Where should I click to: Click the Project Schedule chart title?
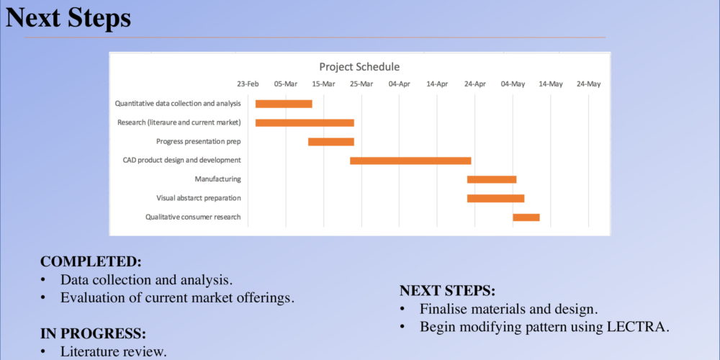[x=359, y=67]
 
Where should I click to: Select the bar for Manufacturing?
[x=492, y=179]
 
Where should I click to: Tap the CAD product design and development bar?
[x=410, y=161]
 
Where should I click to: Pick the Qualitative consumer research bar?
[x=526, y=217]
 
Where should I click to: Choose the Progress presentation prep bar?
[x=331, y=142]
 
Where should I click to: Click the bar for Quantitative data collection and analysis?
[x=284, y=104]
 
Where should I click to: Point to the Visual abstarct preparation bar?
[x=496, y=199]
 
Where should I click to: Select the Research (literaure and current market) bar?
[x=305, y=122]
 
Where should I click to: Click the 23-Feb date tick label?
[x=248, y=84]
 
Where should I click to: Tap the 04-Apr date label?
[x=399, y=84]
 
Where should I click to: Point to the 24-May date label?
[x=589, y=84]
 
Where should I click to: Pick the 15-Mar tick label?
[x=323, y=84]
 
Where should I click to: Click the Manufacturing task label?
[x=217, y=179]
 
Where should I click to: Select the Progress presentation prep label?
[x=199, y=141]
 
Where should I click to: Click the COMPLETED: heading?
[x=91, y=261]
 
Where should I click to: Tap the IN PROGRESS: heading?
[x=93, y=333]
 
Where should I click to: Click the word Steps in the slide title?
[x=99, y=19]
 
